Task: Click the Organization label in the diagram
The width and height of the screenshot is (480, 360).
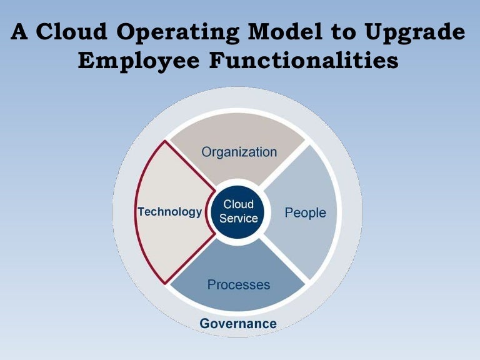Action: pyautogui.click(x=239, y=152)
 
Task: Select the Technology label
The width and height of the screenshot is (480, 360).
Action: pyautogui.click(x=170, y=212)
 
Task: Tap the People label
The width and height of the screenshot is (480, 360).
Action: pyautogui.click(x=305, y=212)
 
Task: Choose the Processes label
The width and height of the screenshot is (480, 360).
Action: pyautogui.click(x=239, y=284)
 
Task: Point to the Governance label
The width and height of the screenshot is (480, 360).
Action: pyautogui.click(x=238, y=323)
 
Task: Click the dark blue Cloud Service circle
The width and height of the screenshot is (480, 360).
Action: pyautogui.click(x=238, y=212)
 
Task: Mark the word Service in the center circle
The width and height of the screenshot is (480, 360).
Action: pyautogui.click(x=238, y=219)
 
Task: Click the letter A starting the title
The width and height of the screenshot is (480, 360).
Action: pyautogui.click(x=20, y=33)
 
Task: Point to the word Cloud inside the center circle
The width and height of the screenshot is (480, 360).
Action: pyautogui.click(x=238, y=204)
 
